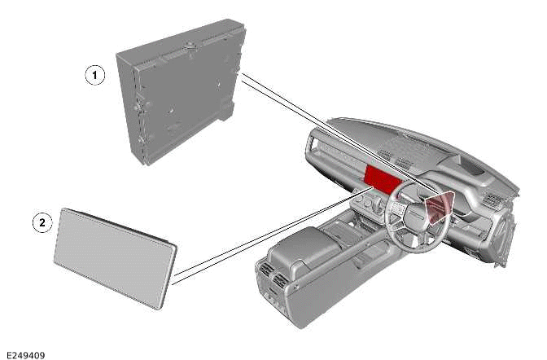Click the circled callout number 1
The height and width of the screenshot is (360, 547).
[96, 76]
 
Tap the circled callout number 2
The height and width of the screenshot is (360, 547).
[42, 221]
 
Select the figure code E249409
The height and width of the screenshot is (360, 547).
[25, 354]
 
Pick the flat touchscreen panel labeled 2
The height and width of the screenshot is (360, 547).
[114, 257]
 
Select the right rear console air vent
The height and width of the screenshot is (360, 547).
[281, 283]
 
